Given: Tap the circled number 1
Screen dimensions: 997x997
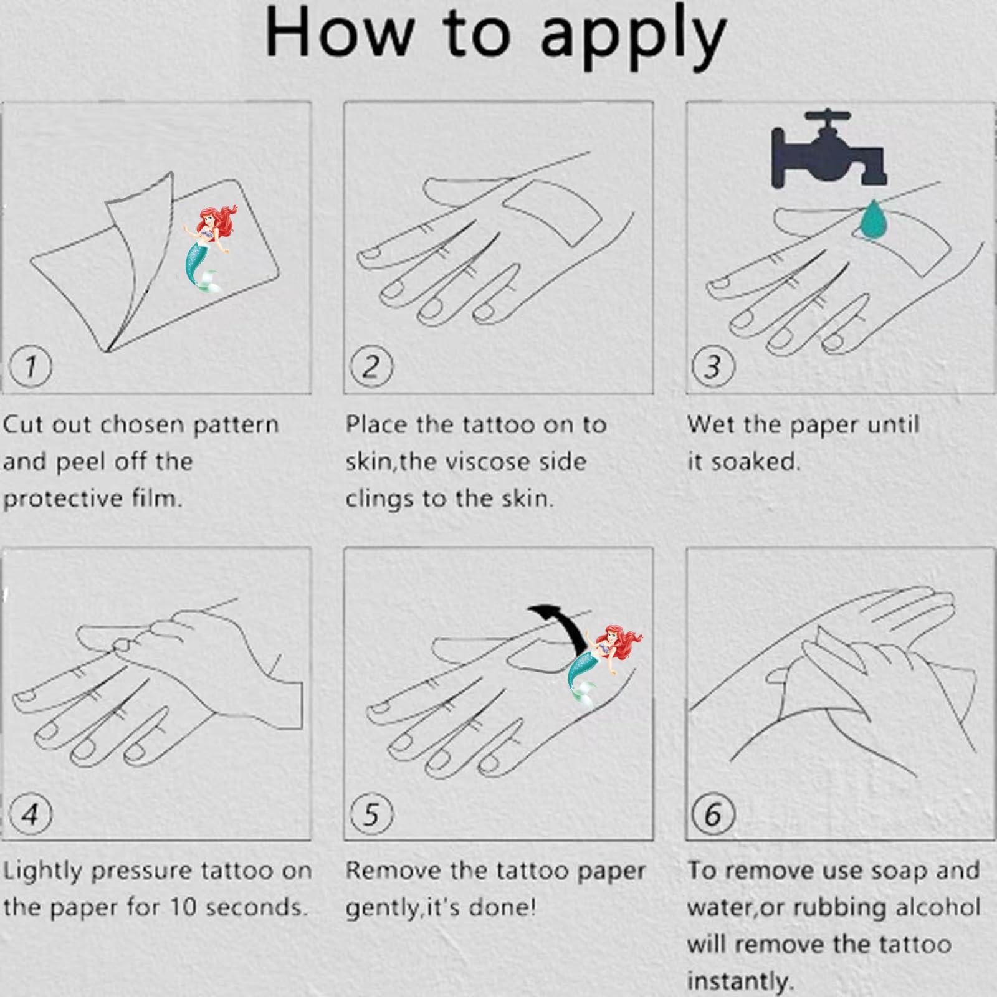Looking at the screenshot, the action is point(30,366).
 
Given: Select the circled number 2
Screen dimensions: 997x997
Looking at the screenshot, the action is point(371,366).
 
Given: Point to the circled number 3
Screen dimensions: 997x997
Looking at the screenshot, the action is point(713,366).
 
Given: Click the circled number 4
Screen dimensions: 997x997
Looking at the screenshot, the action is point(30,814).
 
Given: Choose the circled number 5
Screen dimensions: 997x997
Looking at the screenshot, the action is point(371,814).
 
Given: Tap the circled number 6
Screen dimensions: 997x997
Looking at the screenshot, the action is point(713,814).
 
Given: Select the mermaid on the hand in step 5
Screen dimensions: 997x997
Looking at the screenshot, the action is point(603,664).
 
